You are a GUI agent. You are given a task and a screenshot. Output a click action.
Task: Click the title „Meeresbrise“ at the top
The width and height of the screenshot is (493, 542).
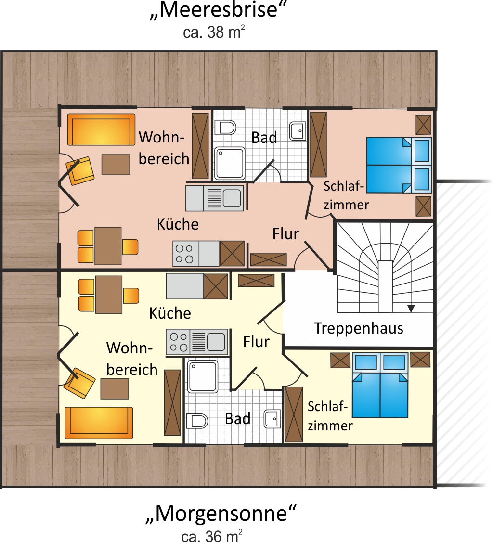(219, 11)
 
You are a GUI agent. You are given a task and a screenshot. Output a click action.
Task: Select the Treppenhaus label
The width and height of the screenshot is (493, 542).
(359, 328)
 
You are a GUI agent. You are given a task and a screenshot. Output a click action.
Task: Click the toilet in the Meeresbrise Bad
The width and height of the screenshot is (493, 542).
(225, 128)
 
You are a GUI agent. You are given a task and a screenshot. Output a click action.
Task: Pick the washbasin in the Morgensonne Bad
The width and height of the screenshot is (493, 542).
(272, 419)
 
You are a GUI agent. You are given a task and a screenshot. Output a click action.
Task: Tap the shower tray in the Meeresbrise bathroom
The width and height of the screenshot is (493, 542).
(230, 164)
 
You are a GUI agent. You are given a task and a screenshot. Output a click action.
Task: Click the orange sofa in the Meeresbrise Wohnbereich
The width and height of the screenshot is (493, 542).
(101, 129)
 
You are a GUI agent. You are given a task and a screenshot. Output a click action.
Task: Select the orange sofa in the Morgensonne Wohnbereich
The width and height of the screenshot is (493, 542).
(99, 423)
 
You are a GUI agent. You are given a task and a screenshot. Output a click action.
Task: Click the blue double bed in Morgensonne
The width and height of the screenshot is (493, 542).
(380, 385)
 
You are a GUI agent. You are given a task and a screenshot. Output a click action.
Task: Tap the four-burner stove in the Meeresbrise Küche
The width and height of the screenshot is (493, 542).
(186, 254)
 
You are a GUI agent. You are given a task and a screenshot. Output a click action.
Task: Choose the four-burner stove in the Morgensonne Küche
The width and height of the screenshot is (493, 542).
(179, 342)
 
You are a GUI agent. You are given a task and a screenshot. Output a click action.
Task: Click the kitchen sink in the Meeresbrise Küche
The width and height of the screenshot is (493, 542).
(215, 198)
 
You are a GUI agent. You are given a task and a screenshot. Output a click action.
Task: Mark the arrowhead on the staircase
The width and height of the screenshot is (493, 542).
(411, 309)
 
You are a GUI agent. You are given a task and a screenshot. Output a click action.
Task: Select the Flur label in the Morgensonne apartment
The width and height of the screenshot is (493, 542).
(256, 342)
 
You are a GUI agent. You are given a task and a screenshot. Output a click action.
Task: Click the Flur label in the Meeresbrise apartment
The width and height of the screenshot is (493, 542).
(285, 234)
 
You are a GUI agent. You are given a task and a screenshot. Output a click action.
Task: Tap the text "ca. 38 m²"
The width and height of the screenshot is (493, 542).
(214, 32)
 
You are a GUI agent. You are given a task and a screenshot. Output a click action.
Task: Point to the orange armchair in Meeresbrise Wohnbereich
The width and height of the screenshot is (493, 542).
(80, 171)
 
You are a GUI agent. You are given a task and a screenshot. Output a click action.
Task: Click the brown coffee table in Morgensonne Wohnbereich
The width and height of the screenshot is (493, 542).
(115, 389)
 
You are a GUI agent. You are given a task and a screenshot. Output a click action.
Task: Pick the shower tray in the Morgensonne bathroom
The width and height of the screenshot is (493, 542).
(203, 376)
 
